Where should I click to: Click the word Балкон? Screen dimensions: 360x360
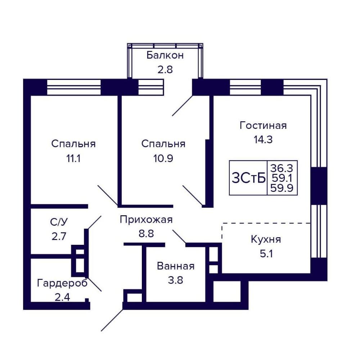pos(165,55)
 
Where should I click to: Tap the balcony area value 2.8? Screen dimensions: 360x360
pos(165,69)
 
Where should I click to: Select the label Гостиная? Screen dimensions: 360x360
pos(263,126)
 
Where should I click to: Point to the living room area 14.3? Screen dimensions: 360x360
pos(263,140)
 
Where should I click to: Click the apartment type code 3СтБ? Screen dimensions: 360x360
pos(248,178)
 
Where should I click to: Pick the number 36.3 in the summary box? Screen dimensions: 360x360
pos(282,168)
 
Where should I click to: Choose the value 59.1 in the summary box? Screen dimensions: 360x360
pos(282,178)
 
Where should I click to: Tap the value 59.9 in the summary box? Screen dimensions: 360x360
pos(282,188)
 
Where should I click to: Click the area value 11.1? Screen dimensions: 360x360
pos(73,158)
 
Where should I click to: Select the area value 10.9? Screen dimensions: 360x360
pos(163,158)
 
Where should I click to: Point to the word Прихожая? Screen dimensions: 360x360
pos(146,220)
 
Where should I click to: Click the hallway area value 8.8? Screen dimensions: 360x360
pos(146,234)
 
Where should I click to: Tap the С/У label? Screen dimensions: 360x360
pos(59,222)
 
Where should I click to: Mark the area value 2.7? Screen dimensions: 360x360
pos(59,236)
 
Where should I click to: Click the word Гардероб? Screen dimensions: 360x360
pos(62,283)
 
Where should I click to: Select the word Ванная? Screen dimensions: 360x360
pos(176,266)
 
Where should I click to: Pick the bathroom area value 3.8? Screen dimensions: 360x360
pos(176,280)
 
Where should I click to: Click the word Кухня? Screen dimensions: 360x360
pos(266,239)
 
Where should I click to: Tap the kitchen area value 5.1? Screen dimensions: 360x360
pos(266,254)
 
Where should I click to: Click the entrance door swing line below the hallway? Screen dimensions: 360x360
pos(112,320)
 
